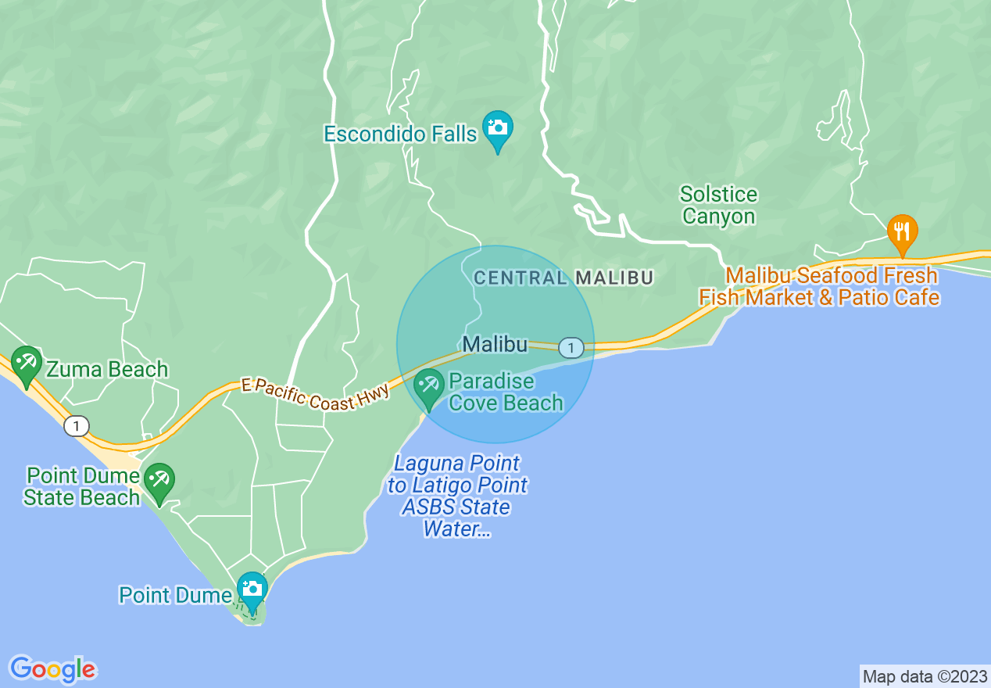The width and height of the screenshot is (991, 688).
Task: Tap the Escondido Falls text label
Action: [400, 134]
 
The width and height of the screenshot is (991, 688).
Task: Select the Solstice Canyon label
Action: [718, 205]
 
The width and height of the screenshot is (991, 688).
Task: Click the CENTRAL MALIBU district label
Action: [563, 278]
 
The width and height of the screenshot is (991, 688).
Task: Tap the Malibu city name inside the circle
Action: [495, 344]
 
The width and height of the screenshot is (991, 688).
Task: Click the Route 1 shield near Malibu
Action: [571, 346]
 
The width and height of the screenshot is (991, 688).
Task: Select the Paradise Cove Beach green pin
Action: [428, 386]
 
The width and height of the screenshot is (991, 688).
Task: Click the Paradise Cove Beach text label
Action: [506, 392]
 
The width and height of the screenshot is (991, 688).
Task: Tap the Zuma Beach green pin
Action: [27, 364]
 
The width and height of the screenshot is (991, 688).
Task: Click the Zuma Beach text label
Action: [107, 369]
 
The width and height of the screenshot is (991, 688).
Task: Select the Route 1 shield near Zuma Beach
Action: [76, 426]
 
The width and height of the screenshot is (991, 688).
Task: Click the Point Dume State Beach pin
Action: [160, 481]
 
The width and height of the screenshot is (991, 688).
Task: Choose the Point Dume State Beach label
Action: [81, 486]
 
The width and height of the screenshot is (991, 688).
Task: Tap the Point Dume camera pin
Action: [252, 589]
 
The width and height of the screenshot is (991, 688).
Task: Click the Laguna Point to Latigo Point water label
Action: [457, 496]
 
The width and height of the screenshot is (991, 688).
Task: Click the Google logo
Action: [52, 668]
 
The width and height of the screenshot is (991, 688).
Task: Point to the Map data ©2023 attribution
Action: [925, 676]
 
